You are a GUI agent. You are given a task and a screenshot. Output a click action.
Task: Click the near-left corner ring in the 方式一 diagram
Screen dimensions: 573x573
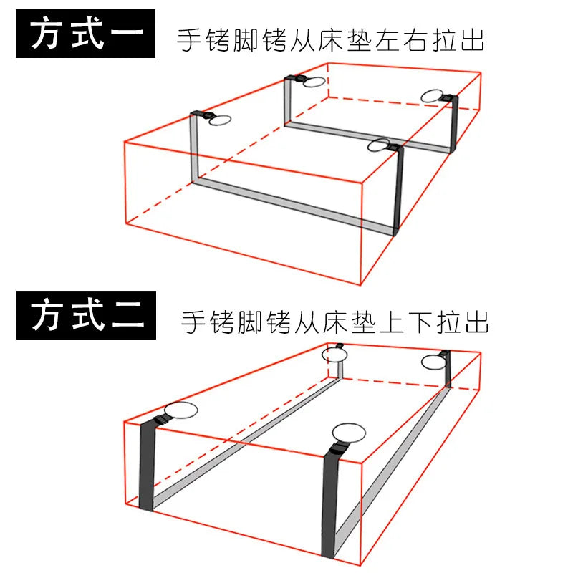point(221,120)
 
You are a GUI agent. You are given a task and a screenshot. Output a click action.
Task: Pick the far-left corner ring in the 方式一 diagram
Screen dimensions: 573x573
point(313,82)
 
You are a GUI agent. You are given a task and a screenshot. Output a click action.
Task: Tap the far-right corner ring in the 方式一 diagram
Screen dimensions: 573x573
point(432,97)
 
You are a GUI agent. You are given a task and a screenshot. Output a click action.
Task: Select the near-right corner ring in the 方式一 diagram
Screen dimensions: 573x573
point(378,145)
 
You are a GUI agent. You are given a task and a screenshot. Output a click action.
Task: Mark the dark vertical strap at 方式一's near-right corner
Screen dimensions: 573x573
point(398,190)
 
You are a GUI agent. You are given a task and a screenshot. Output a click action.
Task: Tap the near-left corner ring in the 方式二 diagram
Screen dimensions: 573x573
point(180,411)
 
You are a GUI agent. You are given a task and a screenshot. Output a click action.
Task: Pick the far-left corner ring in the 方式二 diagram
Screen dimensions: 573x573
point(334,355)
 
